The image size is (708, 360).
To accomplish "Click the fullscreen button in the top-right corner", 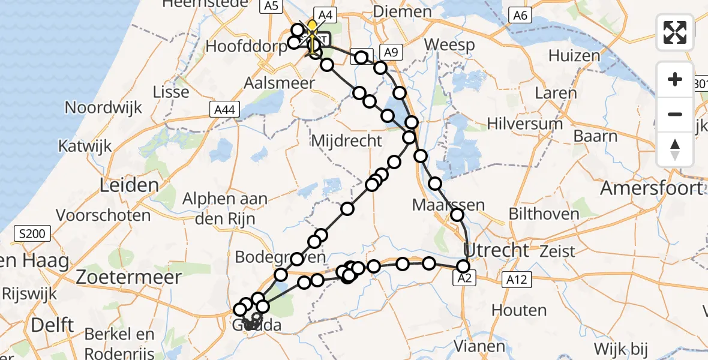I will point(675,32).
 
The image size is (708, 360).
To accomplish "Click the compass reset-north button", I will point(675,149).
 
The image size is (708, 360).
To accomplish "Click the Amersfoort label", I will point(651,188).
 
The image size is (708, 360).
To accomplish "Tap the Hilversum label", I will point(525,124).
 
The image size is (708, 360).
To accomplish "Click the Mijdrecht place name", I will point(346,141).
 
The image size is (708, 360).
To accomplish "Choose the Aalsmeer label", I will point(279,83).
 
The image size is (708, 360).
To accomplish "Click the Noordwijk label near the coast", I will point(104,107).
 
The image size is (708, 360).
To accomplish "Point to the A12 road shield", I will point(508,278).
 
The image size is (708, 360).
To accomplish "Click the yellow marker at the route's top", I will point(313,26).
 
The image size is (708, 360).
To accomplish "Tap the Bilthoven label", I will point(544,214).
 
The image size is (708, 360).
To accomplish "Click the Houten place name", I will point(519,310).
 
